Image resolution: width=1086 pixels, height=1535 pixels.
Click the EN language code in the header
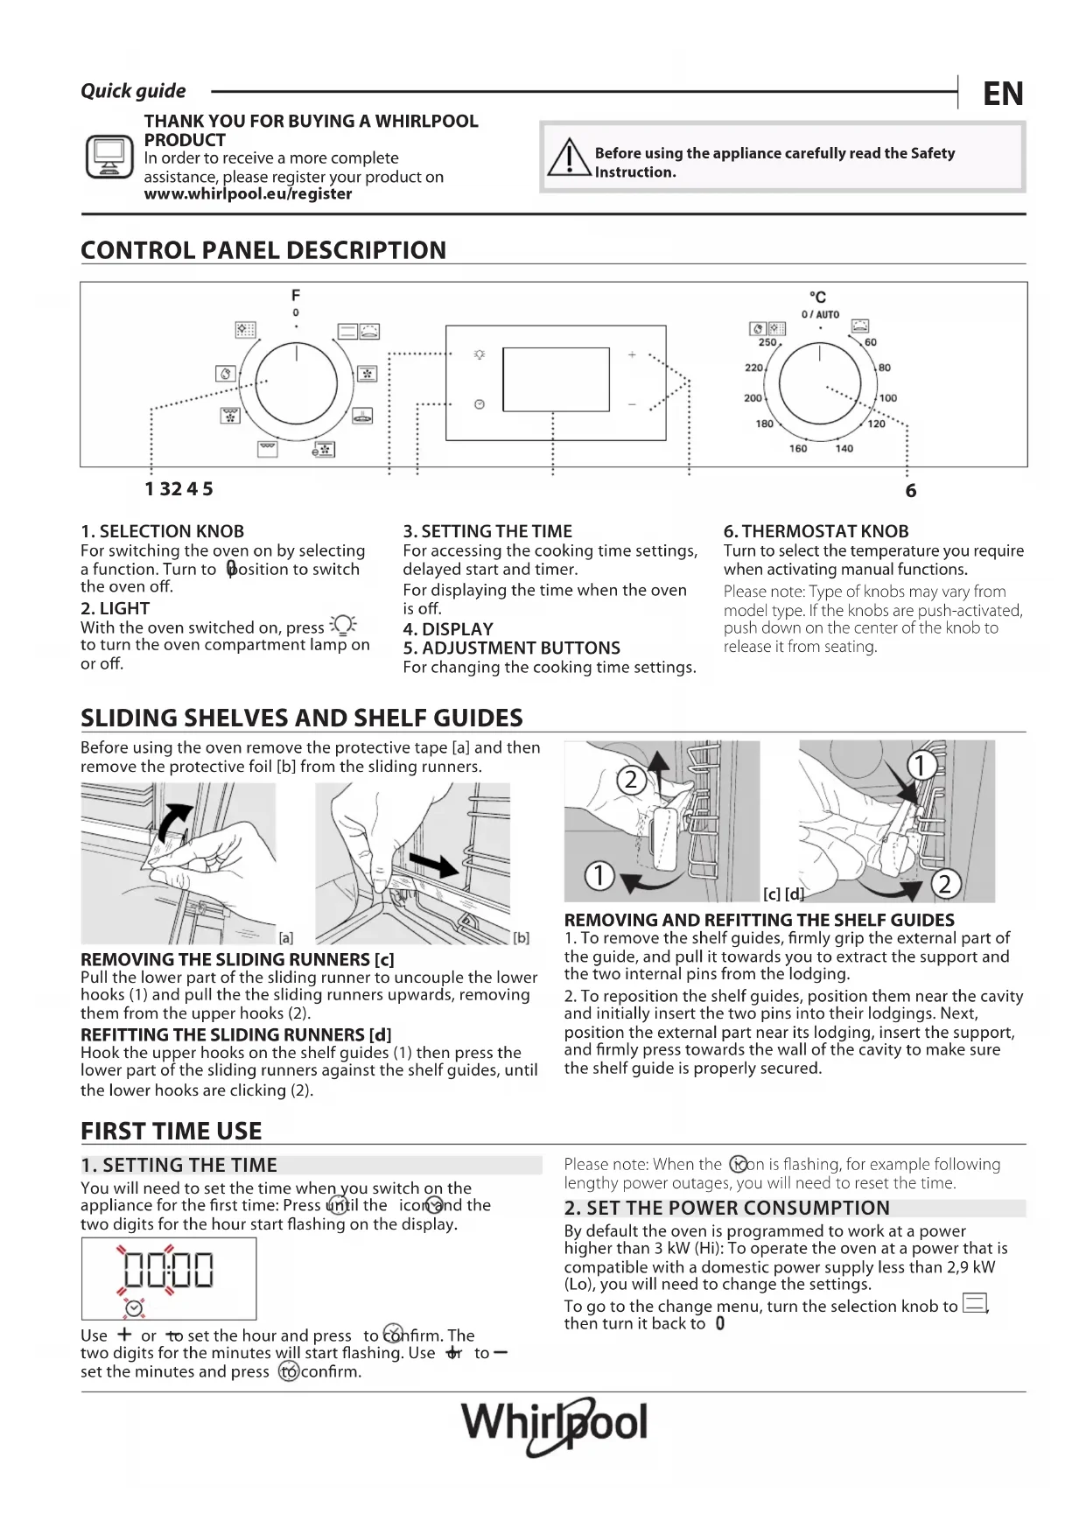pyautogui.click(x=1003, y=94)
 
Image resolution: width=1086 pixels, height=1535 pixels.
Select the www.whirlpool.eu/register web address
pyautogui.click(x=248, y=194)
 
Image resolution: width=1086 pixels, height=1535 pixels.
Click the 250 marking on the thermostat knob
pyautogui.click(x=767, y=343)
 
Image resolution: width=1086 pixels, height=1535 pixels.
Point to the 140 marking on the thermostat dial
pyautogui.click(x=844, y=449)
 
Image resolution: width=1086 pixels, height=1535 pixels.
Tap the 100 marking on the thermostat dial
pyautogui.click(x=888, y=398)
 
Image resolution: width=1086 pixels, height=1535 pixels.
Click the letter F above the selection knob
pyautogui.click(x=296, y=295)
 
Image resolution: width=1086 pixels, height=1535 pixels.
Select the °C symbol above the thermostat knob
pyautogui.click(x=818, y=298)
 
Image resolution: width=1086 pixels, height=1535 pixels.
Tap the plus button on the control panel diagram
pyautogui.click(x=632, y=355)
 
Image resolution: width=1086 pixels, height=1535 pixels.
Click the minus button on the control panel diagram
pyautogui.click(x=632, y=404)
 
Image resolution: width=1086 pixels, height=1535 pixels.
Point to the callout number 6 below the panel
pyautogui.click(x=911, y=491)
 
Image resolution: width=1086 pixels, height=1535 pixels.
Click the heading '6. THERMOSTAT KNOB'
pyautogui.click(x=816, y=531)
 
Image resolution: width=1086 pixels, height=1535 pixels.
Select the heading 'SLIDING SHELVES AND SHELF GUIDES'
pyautogui.click(x=302, y=718)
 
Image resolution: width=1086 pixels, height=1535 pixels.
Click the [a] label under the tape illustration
pyautogui.click(x=285, y=937)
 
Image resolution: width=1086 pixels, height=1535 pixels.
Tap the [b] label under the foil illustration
pyautogui.click(x=521, y=937)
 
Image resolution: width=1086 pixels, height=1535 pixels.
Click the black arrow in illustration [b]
pyautogui.click(x=434, y=863)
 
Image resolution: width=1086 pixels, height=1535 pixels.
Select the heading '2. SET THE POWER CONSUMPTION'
pyautogui.click(x=727, y=1209)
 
